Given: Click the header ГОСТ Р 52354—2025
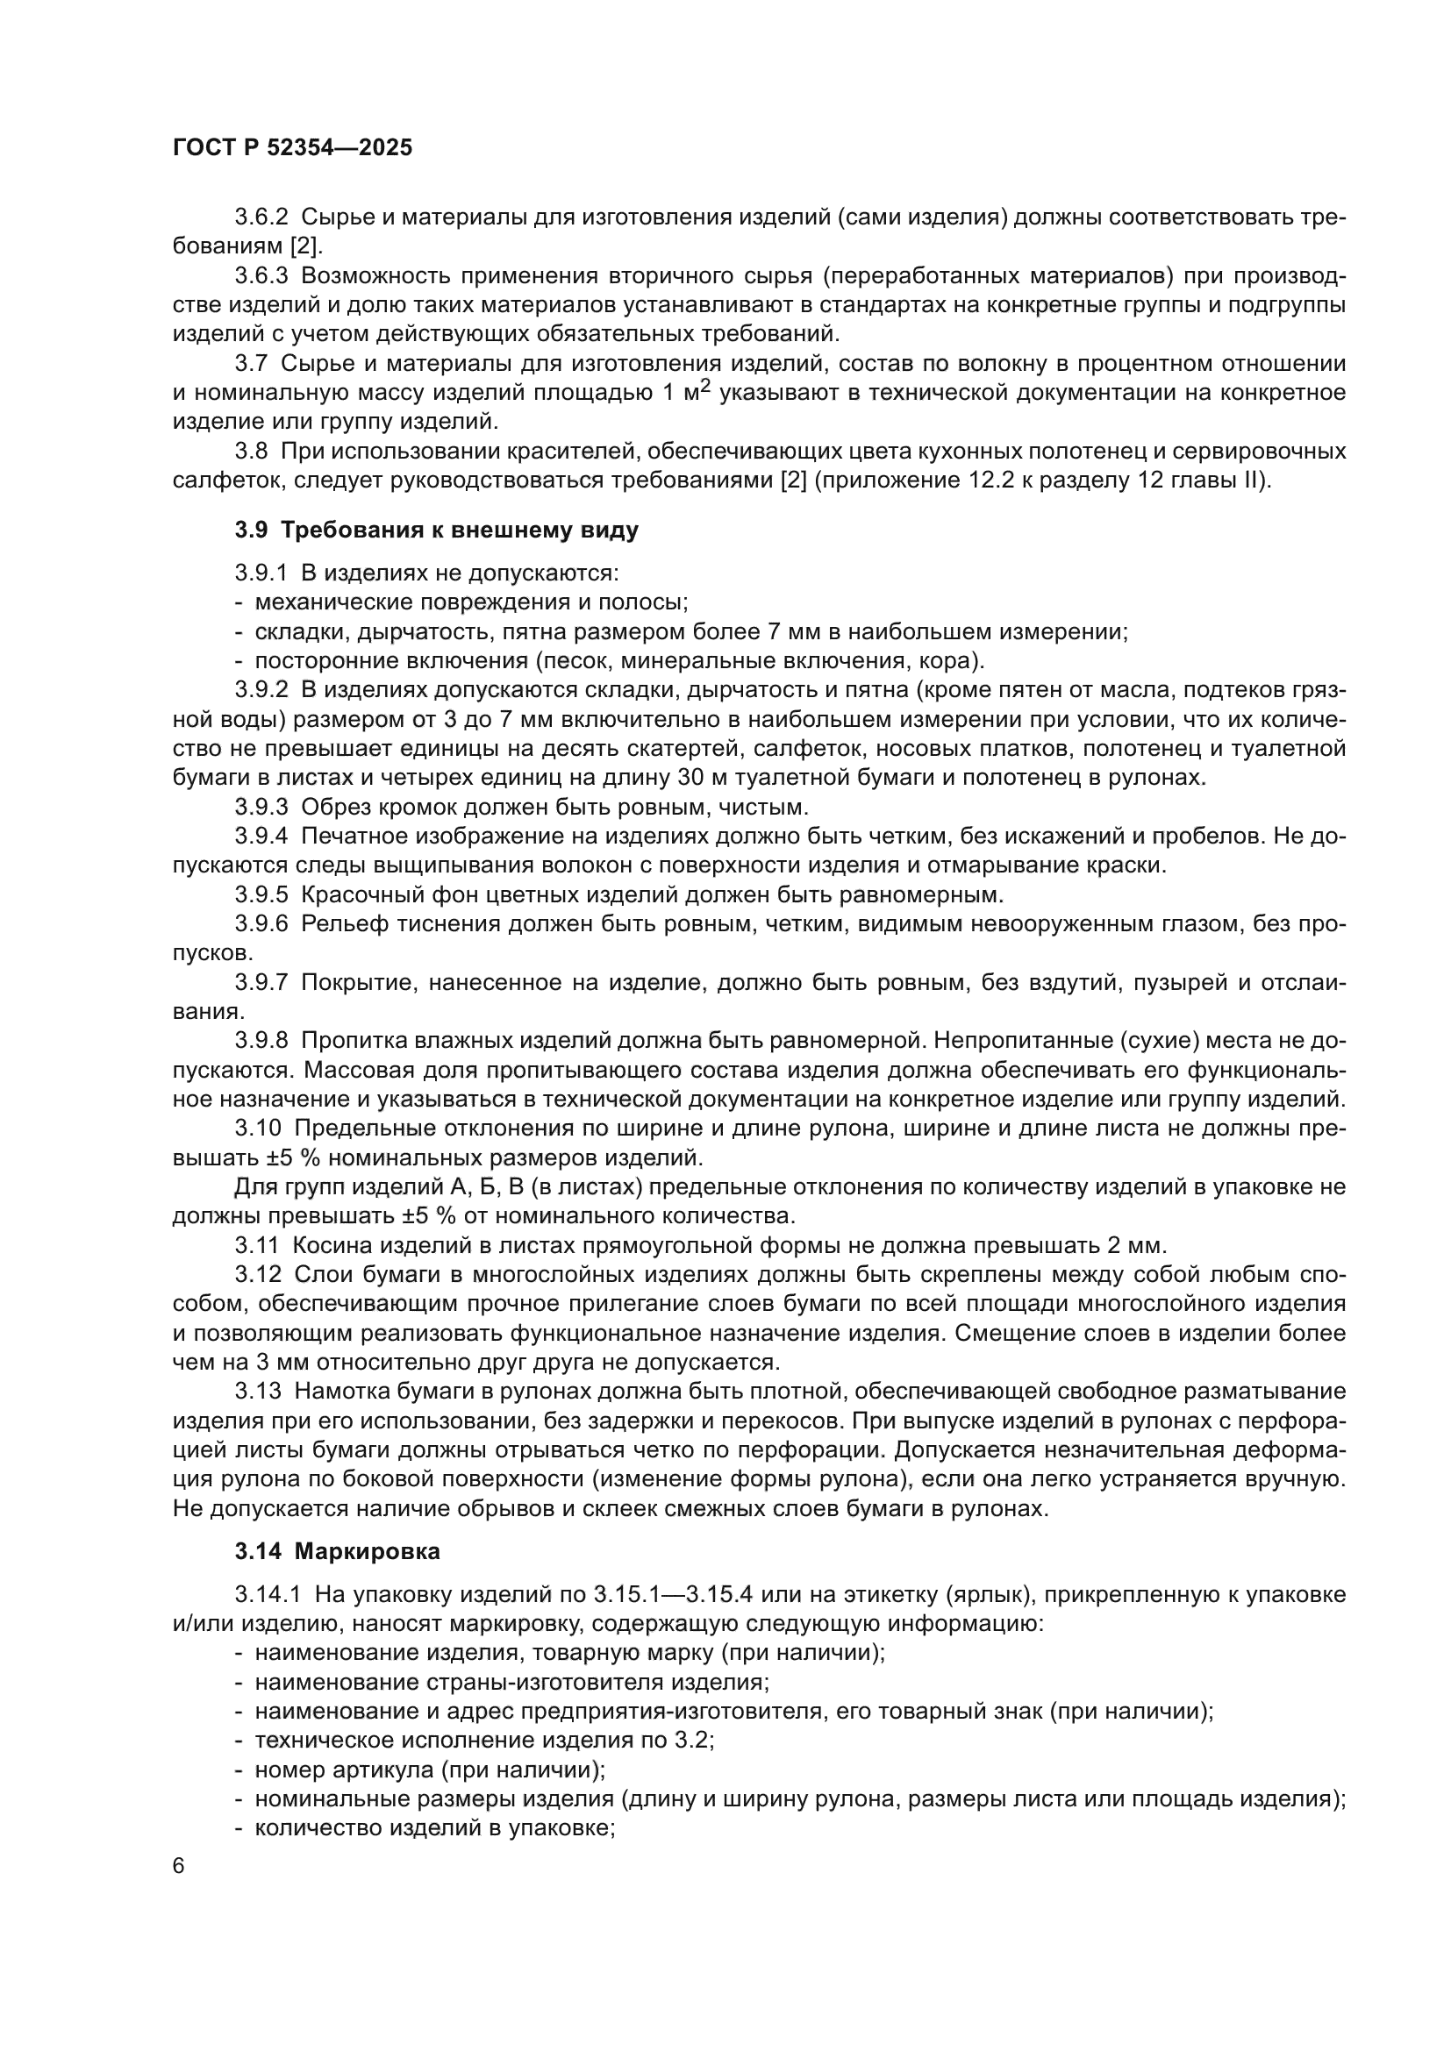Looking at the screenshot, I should click(292, 148).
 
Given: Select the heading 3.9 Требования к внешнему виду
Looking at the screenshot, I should click(436, 530).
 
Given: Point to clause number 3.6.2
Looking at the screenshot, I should click(261, 217).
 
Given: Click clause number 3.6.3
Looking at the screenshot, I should click(261, 276).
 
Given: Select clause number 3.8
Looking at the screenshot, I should click(253, 452).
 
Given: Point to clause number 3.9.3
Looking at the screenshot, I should click(261, 808).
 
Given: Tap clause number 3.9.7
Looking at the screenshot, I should click(261, 983).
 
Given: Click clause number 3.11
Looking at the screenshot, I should click(257, 1245).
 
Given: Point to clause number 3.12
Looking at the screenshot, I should click(257, 1275).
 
